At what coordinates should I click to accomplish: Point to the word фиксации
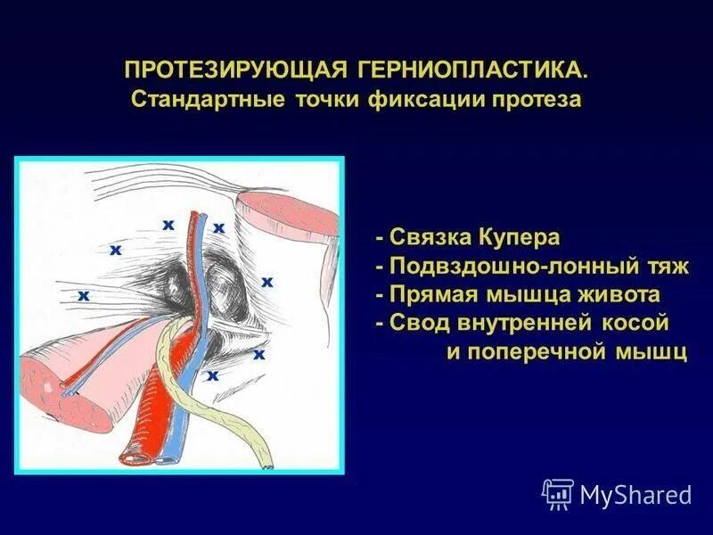coord(424,99)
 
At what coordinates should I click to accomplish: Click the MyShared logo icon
coord(558,493)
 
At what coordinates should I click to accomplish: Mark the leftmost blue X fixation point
coord(83,294)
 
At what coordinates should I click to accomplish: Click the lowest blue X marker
coord(212,376)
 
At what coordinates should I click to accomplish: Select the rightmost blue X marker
coord(266,282)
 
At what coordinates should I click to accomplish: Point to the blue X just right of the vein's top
coord(218,228)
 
